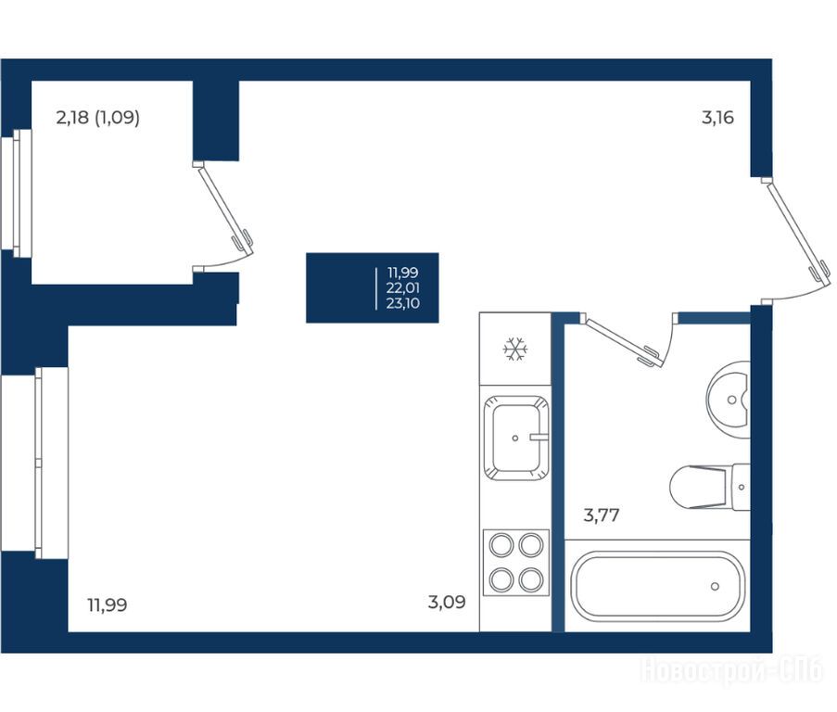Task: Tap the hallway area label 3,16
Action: point(717,118)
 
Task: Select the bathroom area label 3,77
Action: point(601,515)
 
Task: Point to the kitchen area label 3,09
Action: point(447,602)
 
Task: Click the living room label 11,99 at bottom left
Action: point(107,605)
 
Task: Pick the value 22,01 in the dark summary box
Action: point(403,288)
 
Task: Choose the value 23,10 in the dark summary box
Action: point(403,304)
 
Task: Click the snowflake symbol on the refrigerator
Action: point(515,350)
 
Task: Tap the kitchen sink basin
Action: point(515,438)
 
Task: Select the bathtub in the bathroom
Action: point(658,586)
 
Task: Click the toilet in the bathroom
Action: point(709,487)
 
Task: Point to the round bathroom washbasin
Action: point(729,400)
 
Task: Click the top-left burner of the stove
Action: point(501,545)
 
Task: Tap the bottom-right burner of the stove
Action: point(531,579)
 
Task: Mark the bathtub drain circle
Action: point(715,587)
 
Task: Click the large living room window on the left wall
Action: point(35,463)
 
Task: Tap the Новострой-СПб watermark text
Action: point(731,671)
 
